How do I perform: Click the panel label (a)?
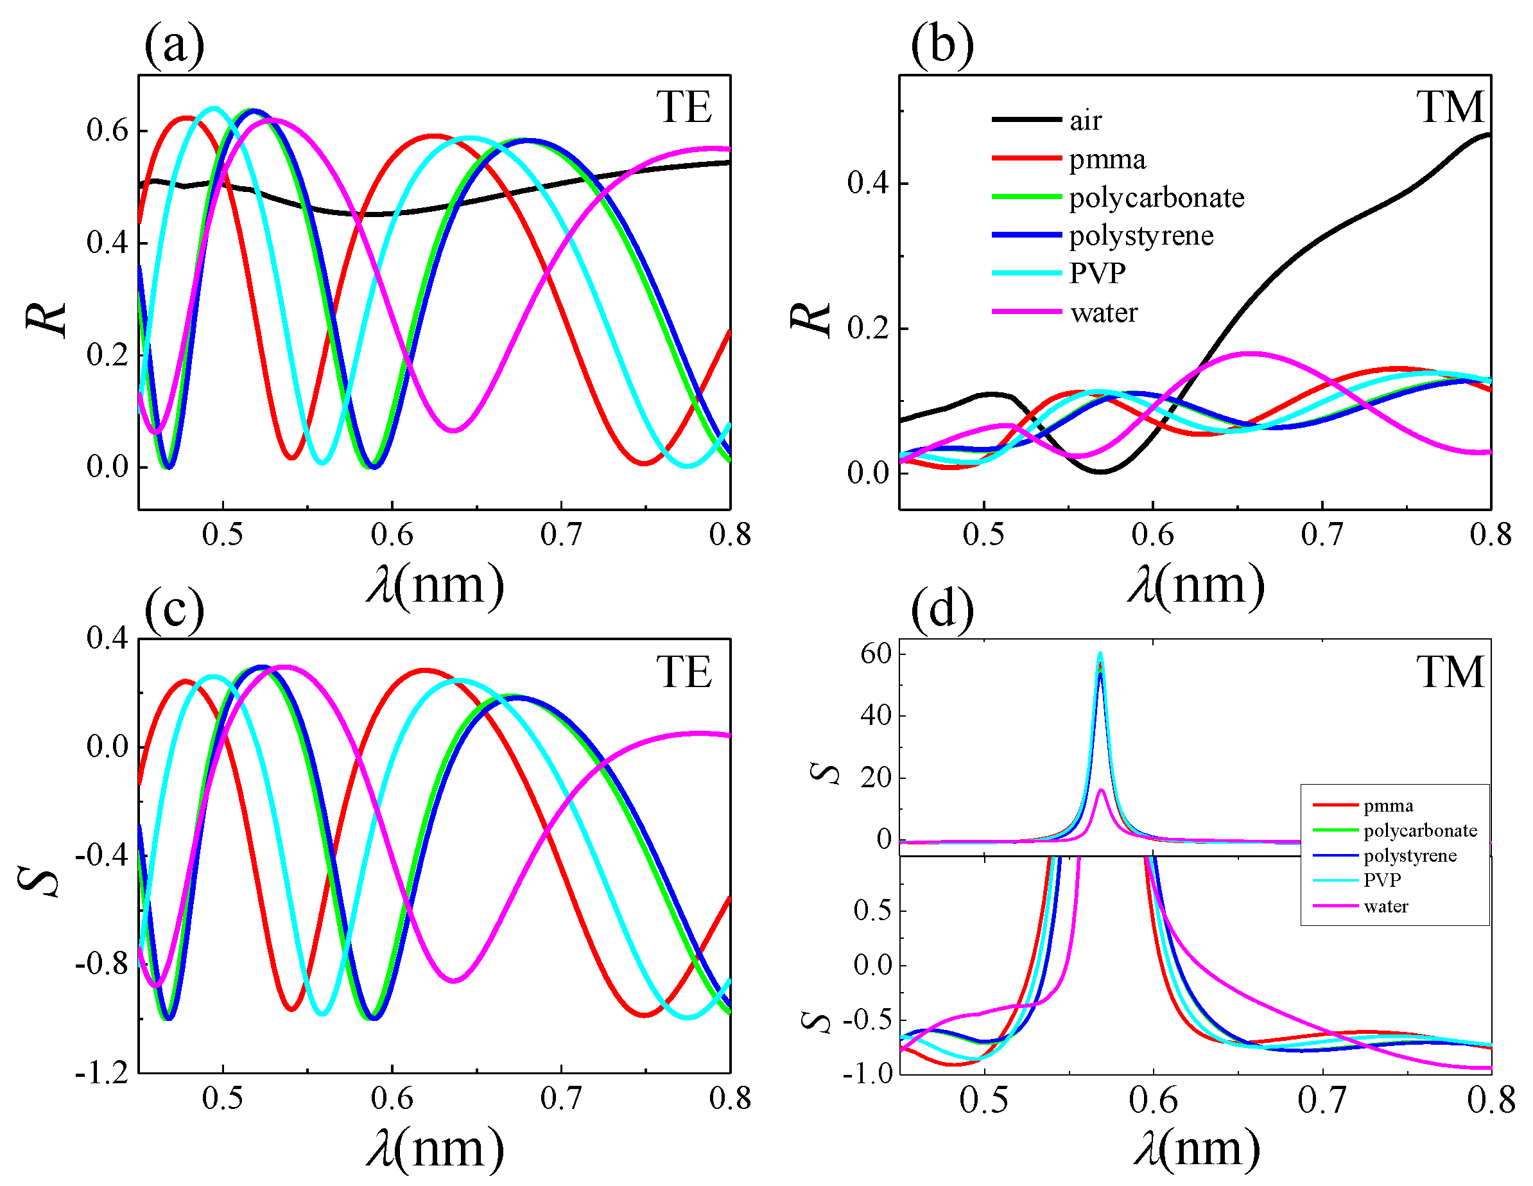[x=174, y=46]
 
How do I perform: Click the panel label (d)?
[x=942, y=609]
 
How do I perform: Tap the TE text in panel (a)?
[x=684, y=107]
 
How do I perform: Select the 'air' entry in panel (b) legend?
[x=1085, y=121]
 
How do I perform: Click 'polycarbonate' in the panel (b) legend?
[x=1156, y=198]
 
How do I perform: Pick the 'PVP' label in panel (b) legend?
[x=1097, y=273]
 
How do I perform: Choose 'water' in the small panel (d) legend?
[x=1385, y=907]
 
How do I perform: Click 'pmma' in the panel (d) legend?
[x=1388, y=806]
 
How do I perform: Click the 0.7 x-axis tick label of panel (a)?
[x=561, y=535]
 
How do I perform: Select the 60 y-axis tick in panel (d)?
[x=876, y=654]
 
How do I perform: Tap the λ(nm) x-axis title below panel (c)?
[x=435, y=1149]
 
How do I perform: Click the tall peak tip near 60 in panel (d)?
[x=1100, y=654]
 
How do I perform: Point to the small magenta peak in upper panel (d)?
[x=1102, y=790]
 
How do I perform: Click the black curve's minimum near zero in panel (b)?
[x=1100, y=471]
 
